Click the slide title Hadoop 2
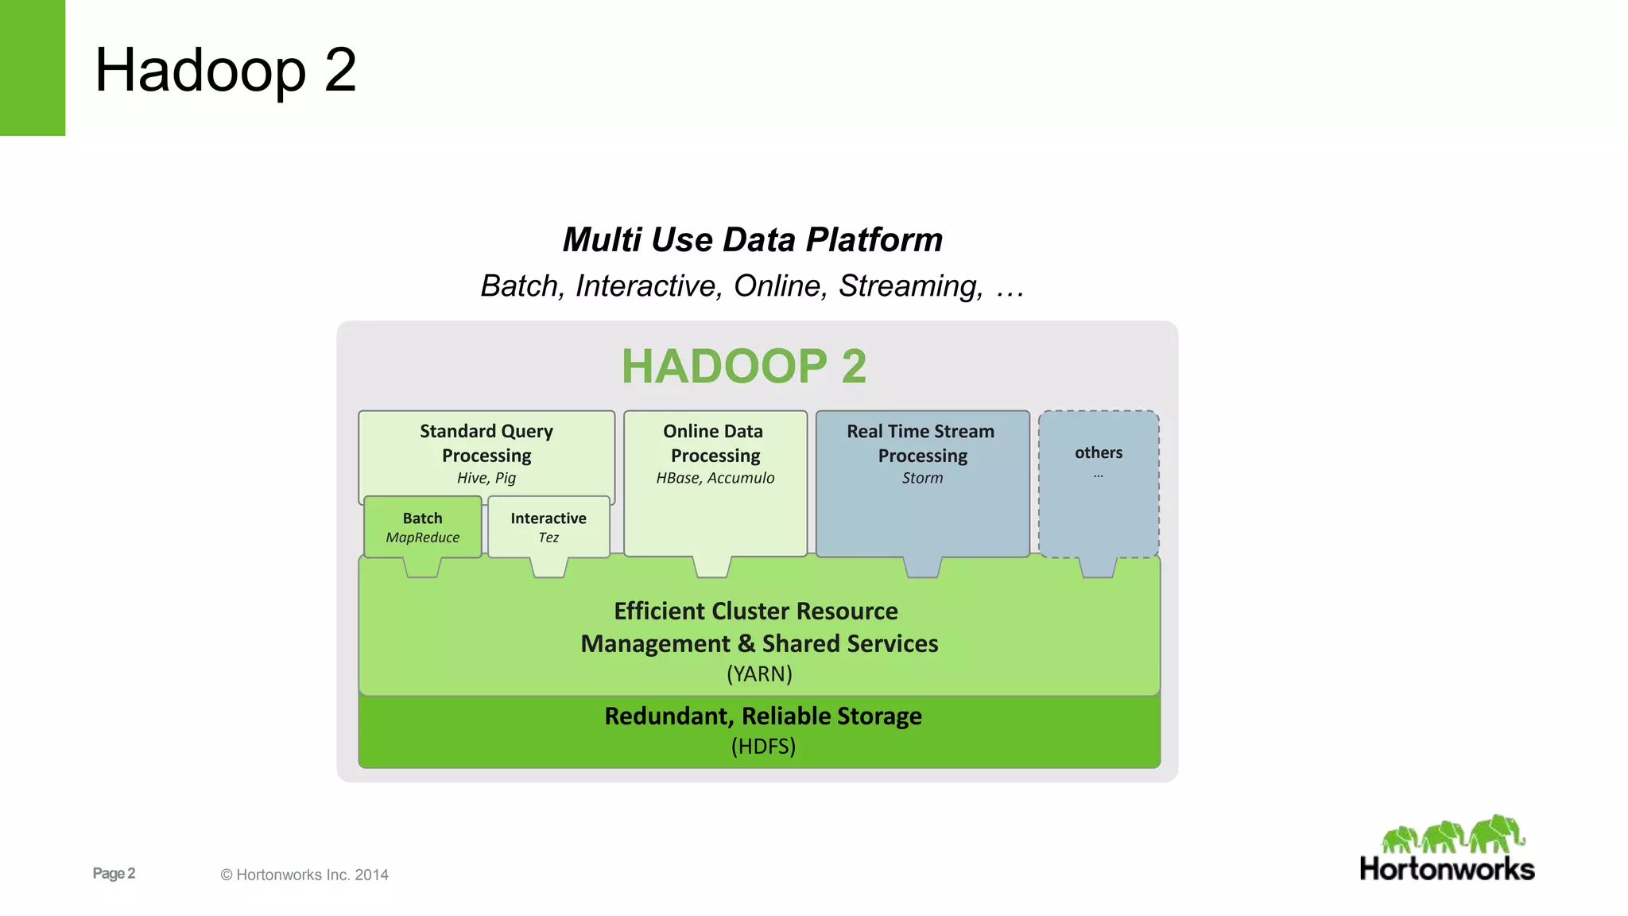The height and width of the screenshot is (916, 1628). tap(225, 70)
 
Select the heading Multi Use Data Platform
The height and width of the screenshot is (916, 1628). tap(752, 239)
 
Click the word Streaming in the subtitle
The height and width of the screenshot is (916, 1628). tap(910, 285)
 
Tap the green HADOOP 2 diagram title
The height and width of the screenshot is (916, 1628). tap(743, 367)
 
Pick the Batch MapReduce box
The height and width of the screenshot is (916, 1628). tap(422, 527)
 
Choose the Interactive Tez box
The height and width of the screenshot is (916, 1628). tap(548, 527)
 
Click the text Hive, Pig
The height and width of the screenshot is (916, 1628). tap(486, 478)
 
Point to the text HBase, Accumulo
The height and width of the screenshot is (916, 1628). tap(715, 478)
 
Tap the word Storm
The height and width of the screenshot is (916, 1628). tap(922, 478)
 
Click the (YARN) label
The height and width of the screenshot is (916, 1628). tap(759, 673)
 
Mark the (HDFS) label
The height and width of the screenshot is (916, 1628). tap(763, 746)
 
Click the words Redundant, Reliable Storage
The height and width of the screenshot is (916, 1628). tap(763, 716)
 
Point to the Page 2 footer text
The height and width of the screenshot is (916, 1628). tap(114, 873)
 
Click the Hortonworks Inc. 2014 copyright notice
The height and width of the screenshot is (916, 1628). tap(304, 875)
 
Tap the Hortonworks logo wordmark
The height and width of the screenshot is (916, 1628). tap(1447, 869)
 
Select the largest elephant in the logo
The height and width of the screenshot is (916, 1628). tap(1497, 833)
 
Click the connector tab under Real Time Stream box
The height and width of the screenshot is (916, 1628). tap(923, 567)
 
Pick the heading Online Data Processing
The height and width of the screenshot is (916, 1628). tap(715, 443)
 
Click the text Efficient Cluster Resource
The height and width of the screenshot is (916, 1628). tap(756, 611)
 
